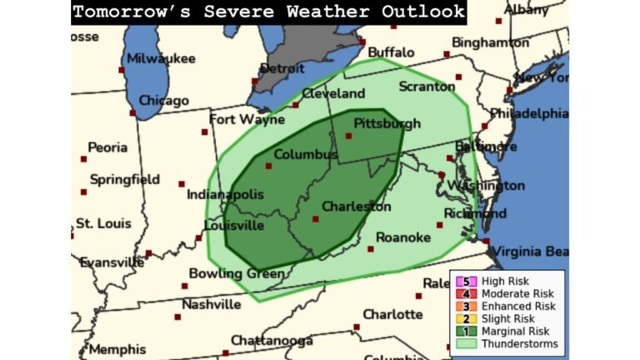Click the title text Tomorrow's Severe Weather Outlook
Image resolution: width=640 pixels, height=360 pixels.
pos(268,12)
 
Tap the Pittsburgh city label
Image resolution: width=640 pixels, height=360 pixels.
pos(387,123)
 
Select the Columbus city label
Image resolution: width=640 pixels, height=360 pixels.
pos(305,155)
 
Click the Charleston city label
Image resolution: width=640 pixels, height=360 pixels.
pos(356,206)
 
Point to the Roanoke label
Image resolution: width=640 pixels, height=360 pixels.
pos(403,237)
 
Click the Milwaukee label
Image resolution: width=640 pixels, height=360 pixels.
pos(161,58)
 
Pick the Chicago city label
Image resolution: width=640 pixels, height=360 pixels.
pos(163,101)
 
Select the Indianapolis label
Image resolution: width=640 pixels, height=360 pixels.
pos(224,194)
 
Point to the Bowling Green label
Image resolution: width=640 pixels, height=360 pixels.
pos(226,273)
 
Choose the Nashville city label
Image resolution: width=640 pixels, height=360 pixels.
pos(211,304)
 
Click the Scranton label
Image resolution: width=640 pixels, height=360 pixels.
pos(426,87)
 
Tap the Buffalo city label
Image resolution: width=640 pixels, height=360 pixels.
pos(391,52)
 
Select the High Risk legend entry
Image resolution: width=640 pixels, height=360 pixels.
pos(505,282)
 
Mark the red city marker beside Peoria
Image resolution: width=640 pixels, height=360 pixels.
pos(83,158)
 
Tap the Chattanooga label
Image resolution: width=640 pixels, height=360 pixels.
pos(272,340)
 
